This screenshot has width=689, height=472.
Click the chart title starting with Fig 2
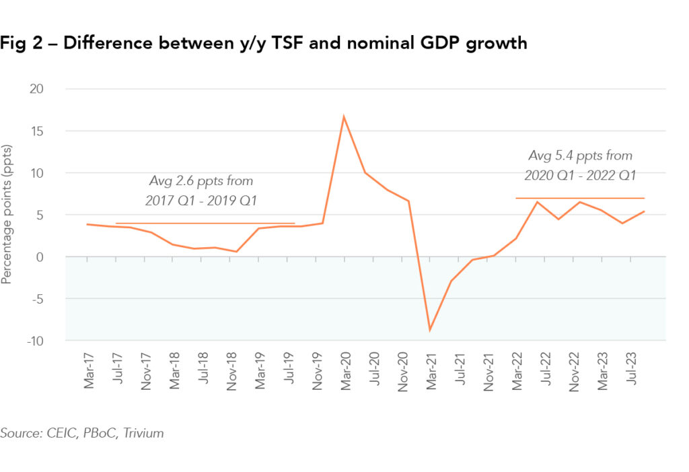coord(263,44)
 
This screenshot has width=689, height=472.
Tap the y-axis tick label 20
coord(52,89)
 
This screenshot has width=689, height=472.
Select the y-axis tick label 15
coord(52,131)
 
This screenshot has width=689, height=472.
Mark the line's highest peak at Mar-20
coord(344,116)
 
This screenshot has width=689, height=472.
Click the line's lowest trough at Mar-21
coord(429,330)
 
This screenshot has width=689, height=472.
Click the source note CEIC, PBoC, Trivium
coord(82,433)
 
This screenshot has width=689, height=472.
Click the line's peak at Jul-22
coord(537,202)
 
